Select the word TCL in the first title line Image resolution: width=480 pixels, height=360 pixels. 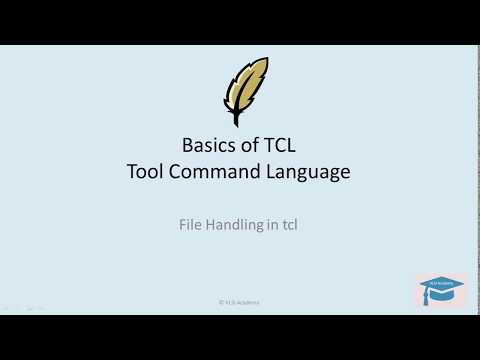point(274,145)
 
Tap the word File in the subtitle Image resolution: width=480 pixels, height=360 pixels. point(190,225)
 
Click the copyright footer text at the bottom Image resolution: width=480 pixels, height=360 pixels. point(239,301)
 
